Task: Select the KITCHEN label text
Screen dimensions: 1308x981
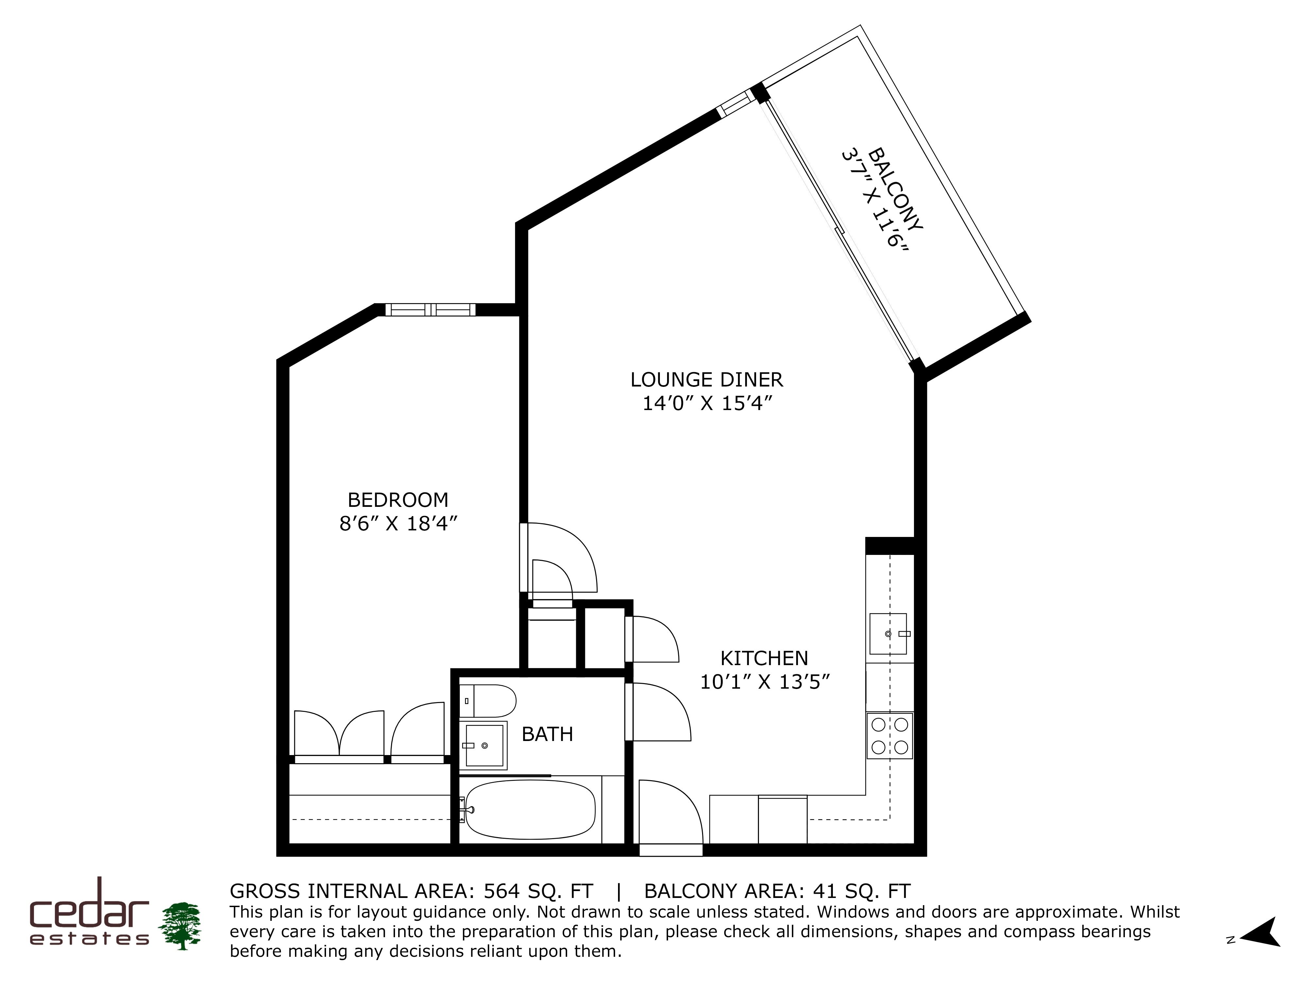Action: click(764, 658)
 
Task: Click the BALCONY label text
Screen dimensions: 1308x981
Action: click(895, 189)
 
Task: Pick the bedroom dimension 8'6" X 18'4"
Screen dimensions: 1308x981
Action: click(399, 524)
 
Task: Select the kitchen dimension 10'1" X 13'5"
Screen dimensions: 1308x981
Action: click(765, 682)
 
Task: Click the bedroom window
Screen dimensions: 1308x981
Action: click(430, 309)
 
